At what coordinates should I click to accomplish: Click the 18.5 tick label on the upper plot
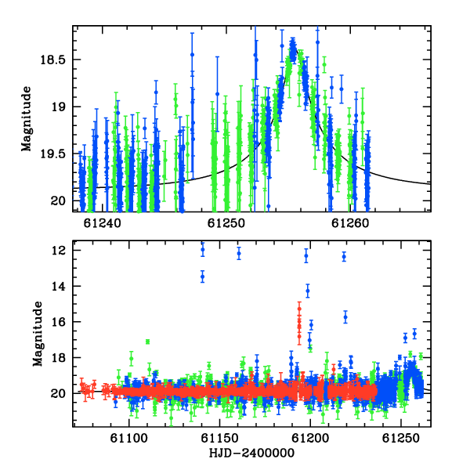tap(52, 60)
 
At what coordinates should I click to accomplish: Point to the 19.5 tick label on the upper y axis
tap(52, 154)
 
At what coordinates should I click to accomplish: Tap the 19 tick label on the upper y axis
tap(59, 107)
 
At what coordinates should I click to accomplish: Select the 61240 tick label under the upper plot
tap(102, 223)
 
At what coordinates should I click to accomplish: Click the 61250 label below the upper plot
tap(226, 223)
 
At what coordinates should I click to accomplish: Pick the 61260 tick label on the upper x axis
tap(350, 223)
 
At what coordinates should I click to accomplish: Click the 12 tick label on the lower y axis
tap(59, 251)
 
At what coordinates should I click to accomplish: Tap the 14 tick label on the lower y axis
tap(59, 286)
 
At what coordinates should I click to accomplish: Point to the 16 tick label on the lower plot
tap(59, 322)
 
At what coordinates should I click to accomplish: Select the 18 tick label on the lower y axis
tap(59, 358)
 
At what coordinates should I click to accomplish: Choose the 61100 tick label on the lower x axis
tap(129, 438)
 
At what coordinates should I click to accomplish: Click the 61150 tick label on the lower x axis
tap(219, 438)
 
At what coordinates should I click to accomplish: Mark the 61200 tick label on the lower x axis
tap(310, 438)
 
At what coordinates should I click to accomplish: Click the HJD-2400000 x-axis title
tap(251, 453)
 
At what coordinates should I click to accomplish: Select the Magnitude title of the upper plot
tap(27, 119)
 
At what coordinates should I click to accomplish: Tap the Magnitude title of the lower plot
tap(38, 334)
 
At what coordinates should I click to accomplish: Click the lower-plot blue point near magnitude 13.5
tap(203, 277)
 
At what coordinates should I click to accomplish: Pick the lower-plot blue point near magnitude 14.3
tap(308, 291)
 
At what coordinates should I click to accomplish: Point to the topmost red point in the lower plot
tap(299, 309)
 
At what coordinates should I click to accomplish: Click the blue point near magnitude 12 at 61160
tap(239, 254)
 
